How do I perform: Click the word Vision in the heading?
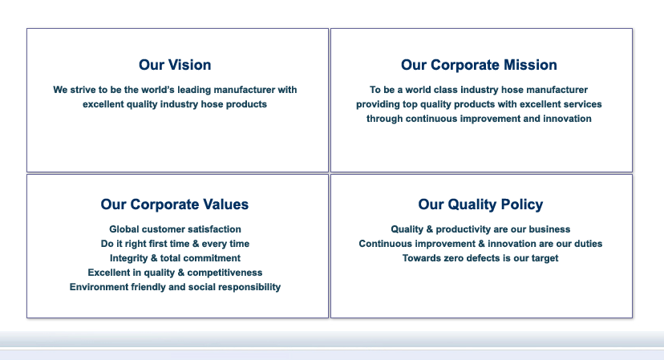pos(190,65)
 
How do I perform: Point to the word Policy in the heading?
pos(522,204)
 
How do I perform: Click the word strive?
pos(83,90)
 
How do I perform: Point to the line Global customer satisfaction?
pos(175,229)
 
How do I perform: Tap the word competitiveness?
pos(225,273)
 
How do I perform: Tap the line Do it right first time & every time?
pos(175,244)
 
